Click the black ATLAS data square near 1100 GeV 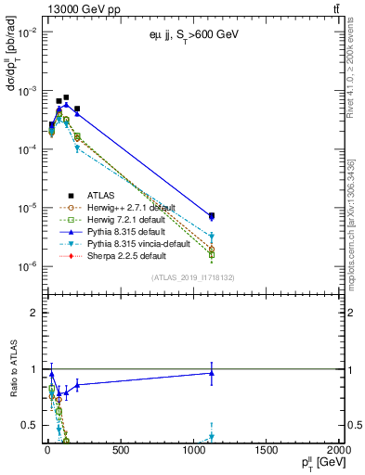coord(212,216)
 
